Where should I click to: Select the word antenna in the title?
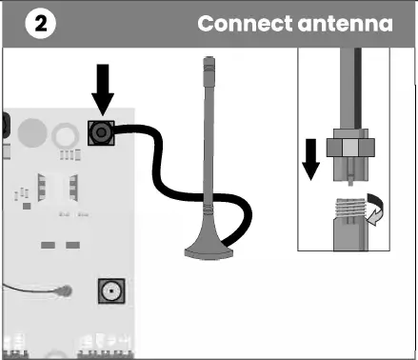pyautogui.click(x=347, y=23)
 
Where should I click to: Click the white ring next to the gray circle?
pyautogui.click(x=65, y=132)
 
